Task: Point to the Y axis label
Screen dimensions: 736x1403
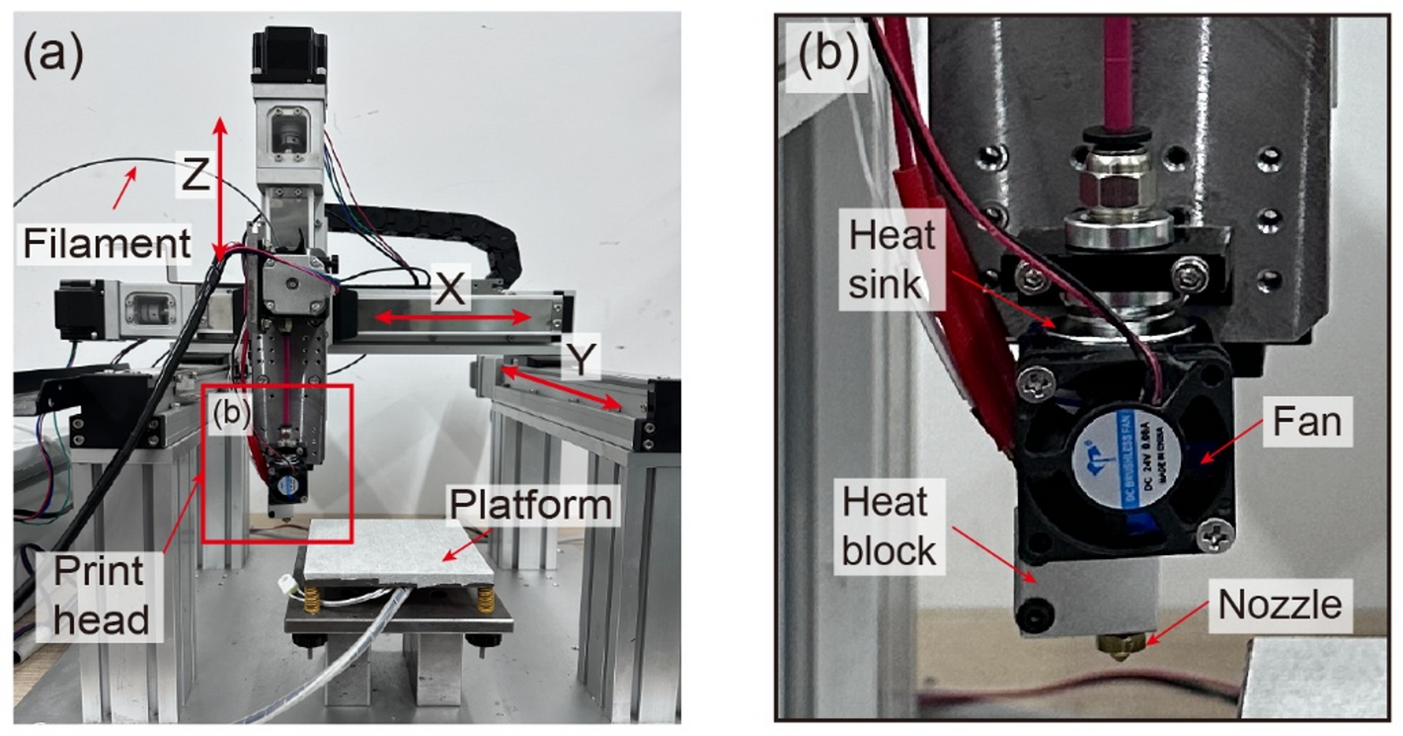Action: pyautogui.click(x=583, y=361)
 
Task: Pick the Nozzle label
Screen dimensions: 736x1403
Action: pyautogui.click(x=1280, y=604)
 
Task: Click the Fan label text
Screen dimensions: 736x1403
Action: pyautogui.click(x=1306, y=422)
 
